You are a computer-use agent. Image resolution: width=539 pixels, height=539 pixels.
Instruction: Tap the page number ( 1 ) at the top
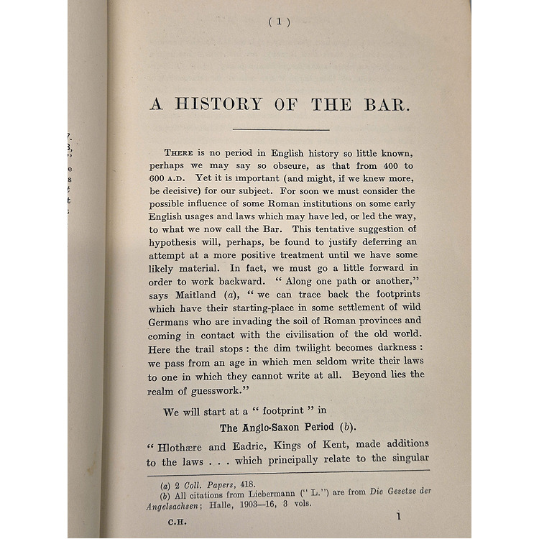coord(279,22)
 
